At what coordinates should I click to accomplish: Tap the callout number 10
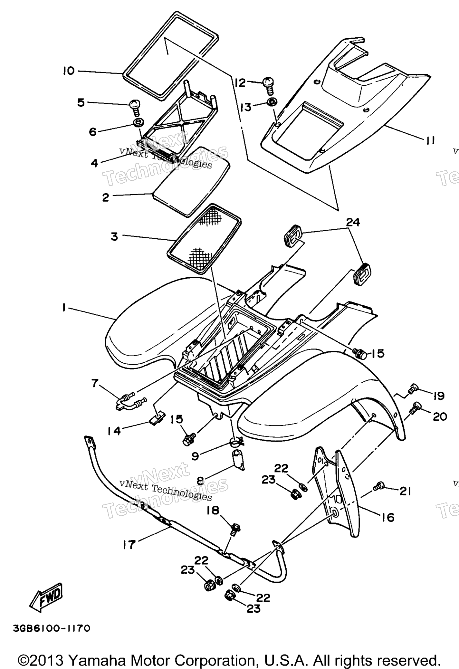click(x=69, y=71)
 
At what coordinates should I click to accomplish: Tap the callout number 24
click(x=353, y=222)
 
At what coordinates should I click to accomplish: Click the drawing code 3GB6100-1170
click(x=52, y=628)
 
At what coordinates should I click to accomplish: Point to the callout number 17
click(x=129, y=545)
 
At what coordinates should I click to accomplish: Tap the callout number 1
click(x=64, y=308)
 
